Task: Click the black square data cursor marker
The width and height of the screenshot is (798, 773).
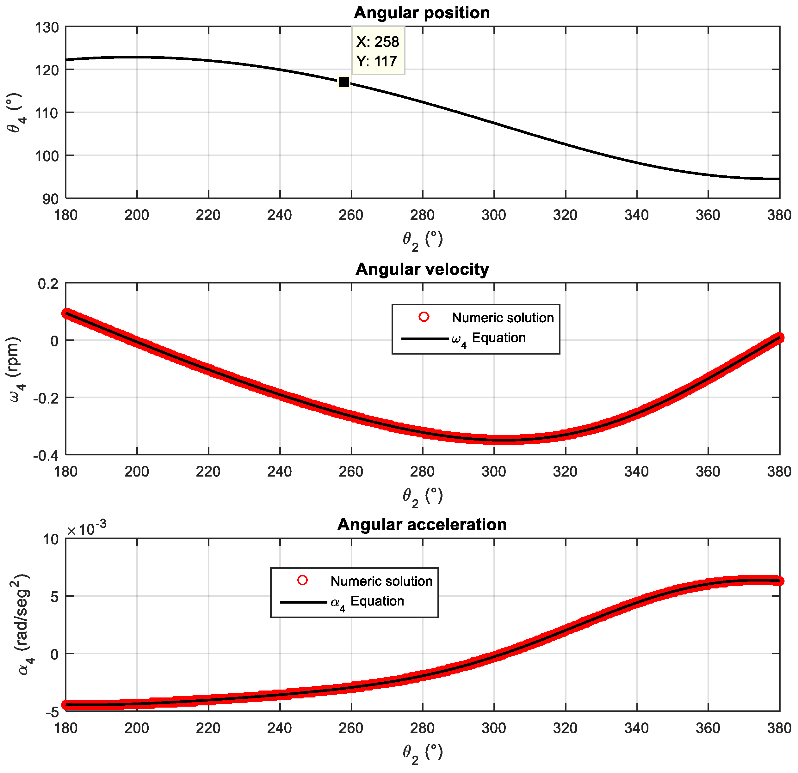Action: (x=343, y=82)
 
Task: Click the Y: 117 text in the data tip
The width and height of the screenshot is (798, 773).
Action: (x=377, y=61)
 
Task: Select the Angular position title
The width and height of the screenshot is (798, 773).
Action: (x=422, y=13)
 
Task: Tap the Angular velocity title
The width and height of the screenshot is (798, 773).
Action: (x=422, y=269)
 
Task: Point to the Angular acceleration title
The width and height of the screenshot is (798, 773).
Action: (x=422, y=525)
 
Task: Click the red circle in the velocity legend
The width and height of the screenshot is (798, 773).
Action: (x=424, y=317)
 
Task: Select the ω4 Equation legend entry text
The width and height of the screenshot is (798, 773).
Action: (x=489, y=338)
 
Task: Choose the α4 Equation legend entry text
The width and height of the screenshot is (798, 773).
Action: (x=367, y=602)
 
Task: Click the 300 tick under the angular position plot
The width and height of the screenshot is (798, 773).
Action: (x=493, y=215)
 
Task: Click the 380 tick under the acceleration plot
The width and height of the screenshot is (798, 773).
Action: (x=779, y=728)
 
